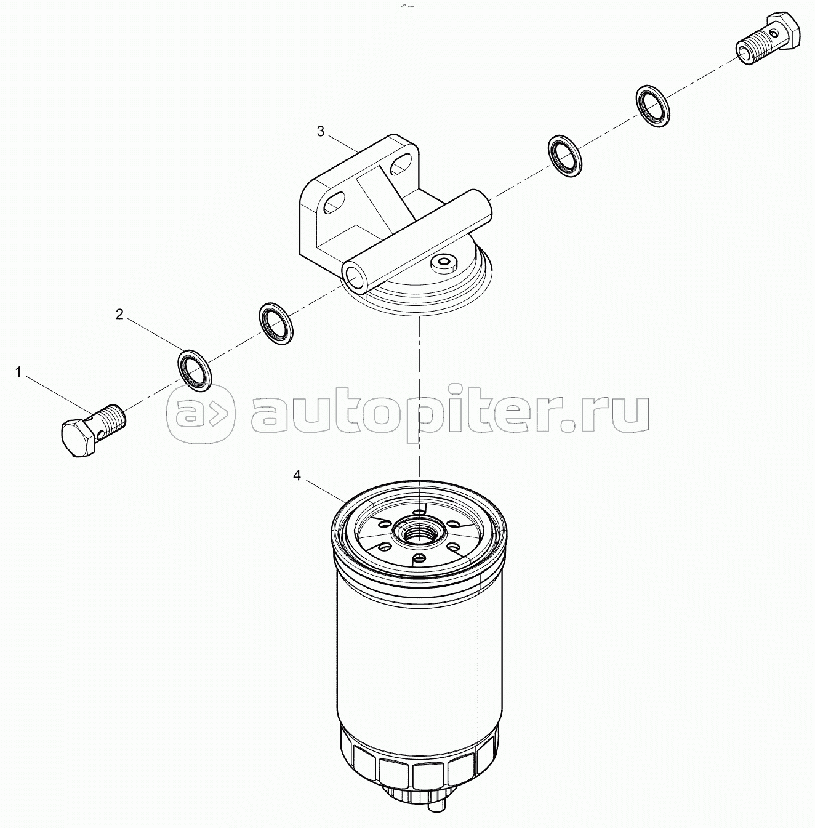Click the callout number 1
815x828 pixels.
click(x=18, y=372)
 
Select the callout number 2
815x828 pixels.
click(x=119, y=315)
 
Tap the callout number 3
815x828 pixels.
click(x=320, y=132)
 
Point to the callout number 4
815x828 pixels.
click(x=297, y=476)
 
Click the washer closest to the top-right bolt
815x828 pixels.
click(x=652, y=106)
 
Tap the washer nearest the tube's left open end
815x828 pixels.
click(x=276, y=324)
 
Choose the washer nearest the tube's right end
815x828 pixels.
click(x=565, y=156)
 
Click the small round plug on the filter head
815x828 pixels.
click(x=443, y=262)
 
